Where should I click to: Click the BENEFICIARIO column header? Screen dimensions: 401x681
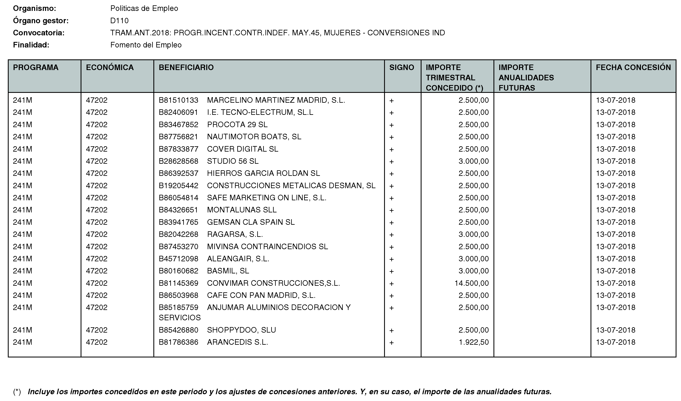click(186, 67)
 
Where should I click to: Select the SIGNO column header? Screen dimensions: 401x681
click(401, 67)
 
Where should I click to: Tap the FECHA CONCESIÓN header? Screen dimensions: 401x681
click(633, 67)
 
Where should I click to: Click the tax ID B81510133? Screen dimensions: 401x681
click(178, 100)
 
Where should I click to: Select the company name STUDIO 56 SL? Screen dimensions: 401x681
click(233, 161)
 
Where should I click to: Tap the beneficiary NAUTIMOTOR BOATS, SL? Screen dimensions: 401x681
click(254, 137)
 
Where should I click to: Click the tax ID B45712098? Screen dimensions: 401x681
click(178, 259)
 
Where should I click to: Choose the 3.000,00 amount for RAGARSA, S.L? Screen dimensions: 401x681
click(474, 234)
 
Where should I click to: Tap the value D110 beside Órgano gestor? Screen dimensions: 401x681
click(119, 21)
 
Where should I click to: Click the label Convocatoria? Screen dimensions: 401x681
click(39, 33)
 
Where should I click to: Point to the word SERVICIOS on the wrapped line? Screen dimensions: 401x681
click(180, 318)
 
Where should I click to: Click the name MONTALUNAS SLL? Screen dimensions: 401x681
click(242, 210)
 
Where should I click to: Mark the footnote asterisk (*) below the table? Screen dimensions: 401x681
click(17, 392)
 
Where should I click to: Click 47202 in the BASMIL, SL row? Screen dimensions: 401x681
click(97, 271)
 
